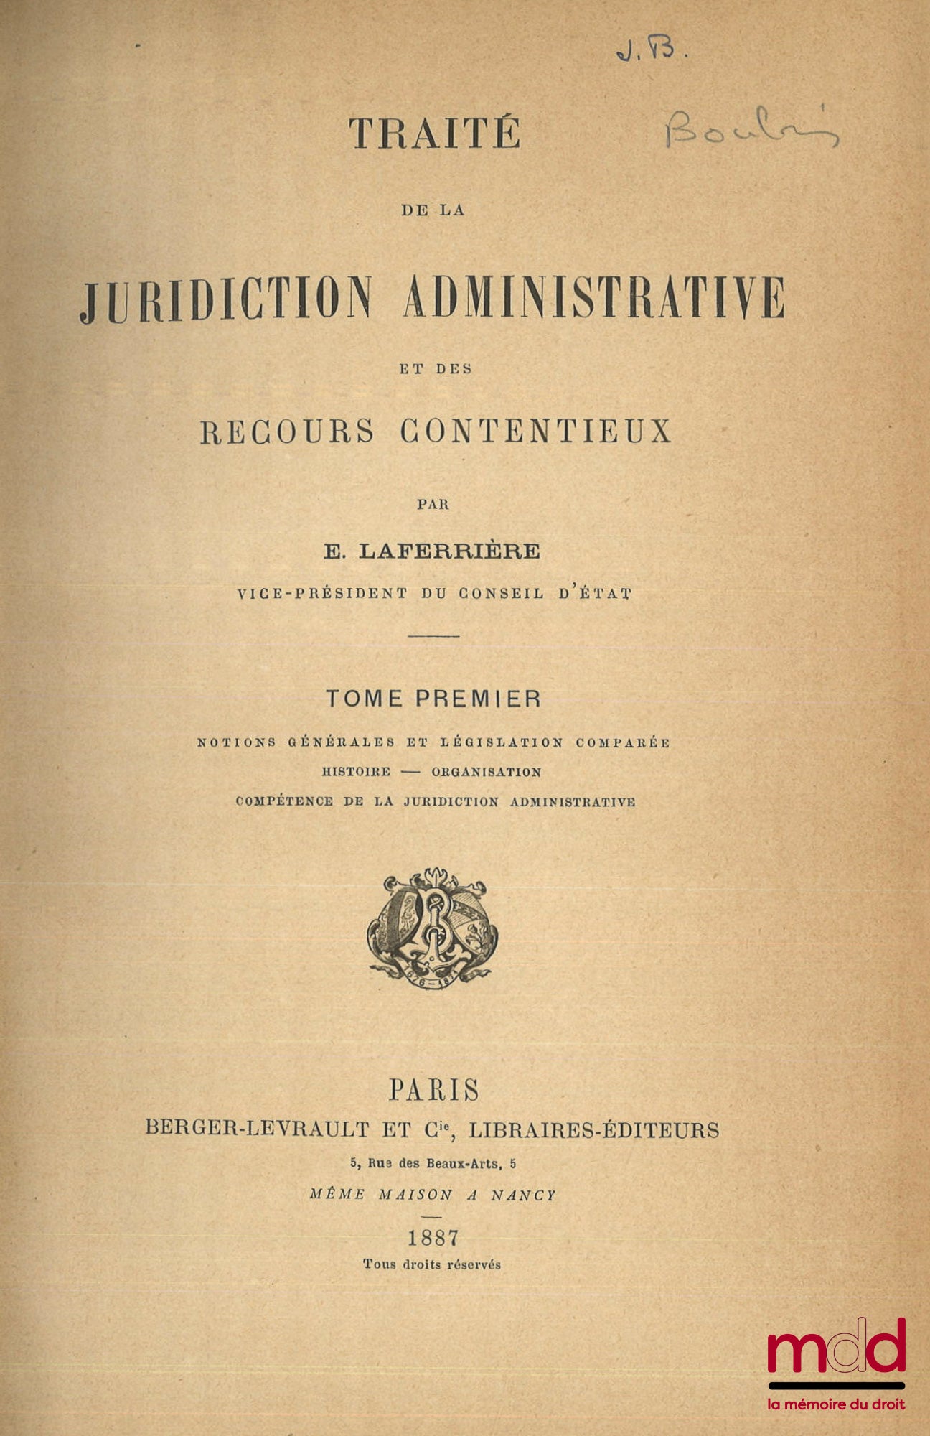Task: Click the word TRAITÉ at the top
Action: click(434, 134)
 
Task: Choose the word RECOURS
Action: click(287, 431)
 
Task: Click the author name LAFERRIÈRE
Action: click(450, 551)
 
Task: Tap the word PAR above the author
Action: click(433, 504)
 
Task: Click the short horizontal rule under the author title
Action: click(433, 636)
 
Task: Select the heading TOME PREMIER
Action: click(433, 699)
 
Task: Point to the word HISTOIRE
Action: click(357, 773)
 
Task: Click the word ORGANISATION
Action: click(486, 773)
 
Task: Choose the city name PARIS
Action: click(433, 1090)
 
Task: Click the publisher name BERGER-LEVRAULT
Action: click(257, 1129)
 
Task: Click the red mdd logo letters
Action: click(836, 1343)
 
